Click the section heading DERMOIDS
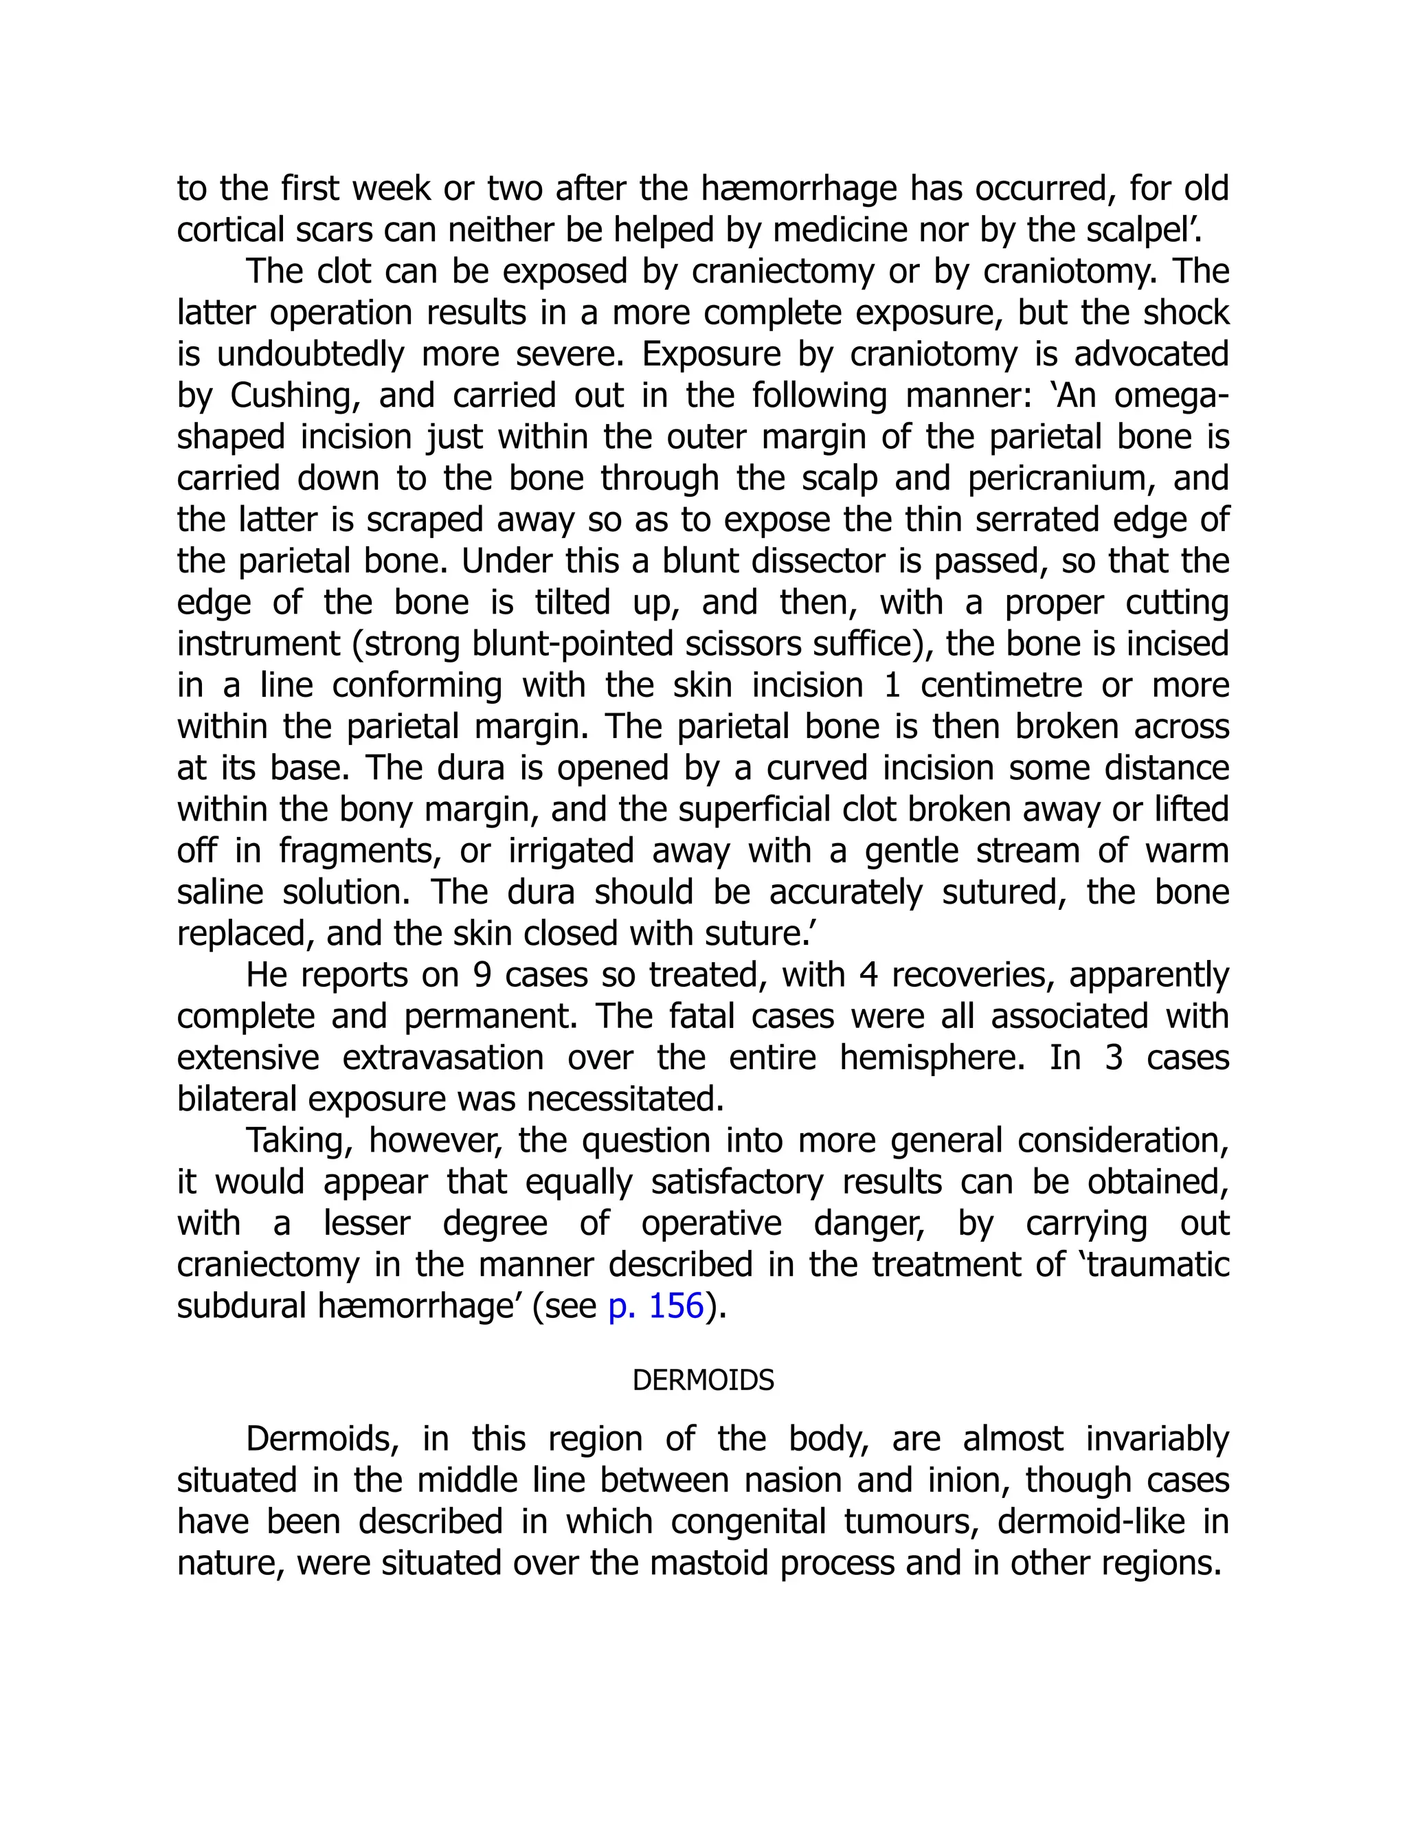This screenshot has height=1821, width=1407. [703, 1381]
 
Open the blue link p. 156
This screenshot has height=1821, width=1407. [656, 1306]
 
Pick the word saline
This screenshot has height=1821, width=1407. [219, 892]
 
